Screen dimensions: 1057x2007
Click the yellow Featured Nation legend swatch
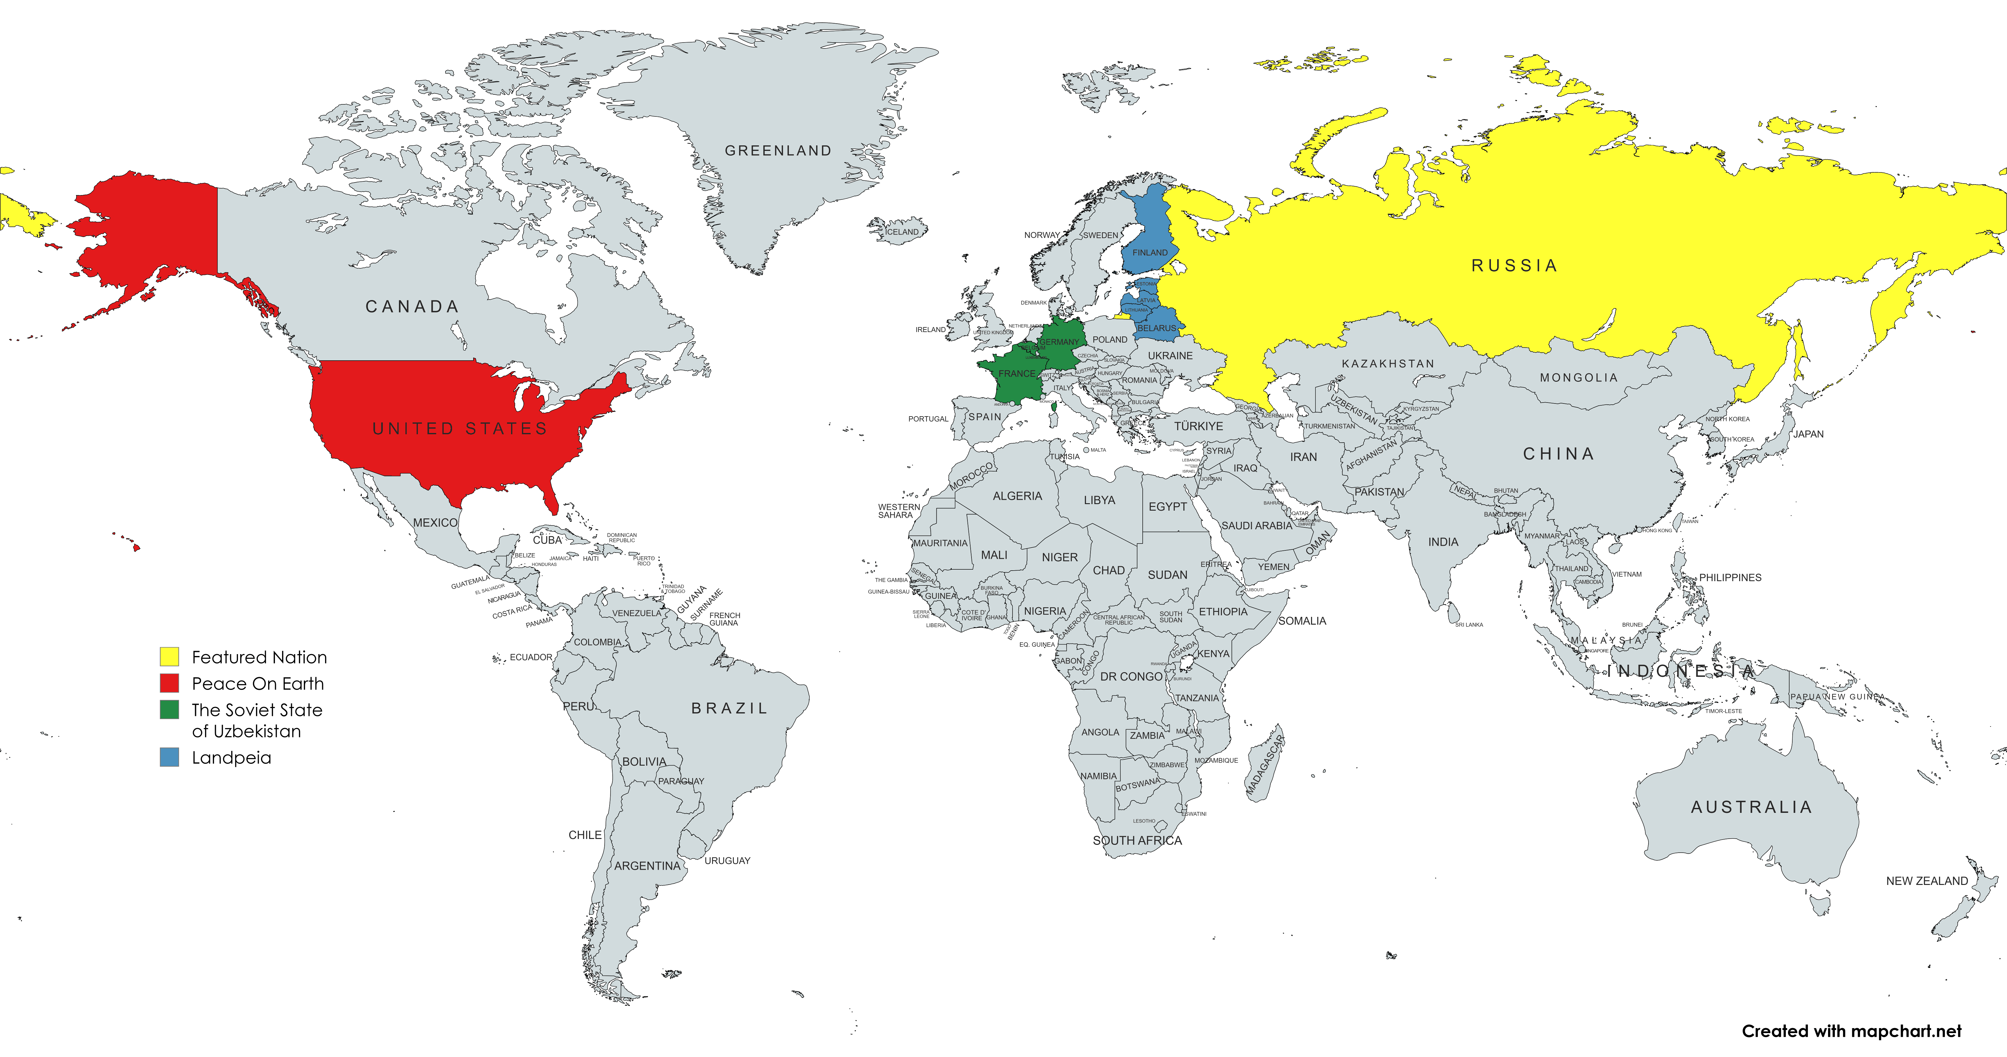(x=169, y=657)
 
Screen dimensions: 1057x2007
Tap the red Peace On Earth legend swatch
(x=169, y=683)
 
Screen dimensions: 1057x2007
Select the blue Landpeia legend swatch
(x=169, y=757)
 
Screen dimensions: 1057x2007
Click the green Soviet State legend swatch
(x=169, y=710)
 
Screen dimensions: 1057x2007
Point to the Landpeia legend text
(x=231, y=758)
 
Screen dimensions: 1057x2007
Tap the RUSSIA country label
(x=1514, y=266)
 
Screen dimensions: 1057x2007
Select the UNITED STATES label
(x=460, y=428)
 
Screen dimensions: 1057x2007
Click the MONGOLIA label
(x=1579, y=378)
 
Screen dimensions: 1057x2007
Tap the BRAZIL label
(x=729, y=708)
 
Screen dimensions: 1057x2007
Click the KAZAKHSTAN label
(x=1388, y=364)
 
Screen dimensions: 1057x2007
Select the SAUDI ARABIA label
(x=1256, y=526)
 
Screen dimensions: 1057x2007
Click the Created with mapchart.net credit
(x=1851, y=1031)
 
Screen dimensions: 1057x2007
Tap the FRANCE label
(x=1017, y=374)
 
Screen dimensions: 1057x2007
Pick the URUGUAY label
(x=727, y=861)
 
